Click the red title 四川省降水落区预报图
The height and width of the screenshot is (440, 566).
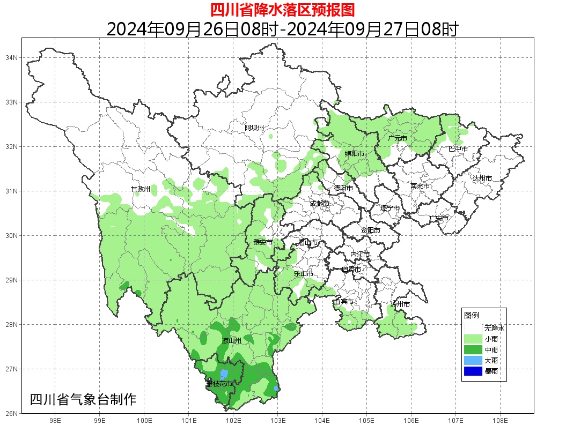click(x=282, y=9)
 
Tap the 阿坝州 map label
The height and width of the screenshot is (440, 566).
click(x=254, y=128)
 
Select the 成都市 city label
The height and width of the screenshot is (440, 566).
click(x=319, y=203)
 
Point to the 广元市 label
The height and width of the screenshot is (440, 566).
click(x=398, y=138)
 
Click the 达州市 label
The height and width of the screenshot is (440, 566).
click(x=482, y=178)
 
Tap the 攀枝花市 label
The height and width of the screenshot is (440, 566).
click(x=219, y=384)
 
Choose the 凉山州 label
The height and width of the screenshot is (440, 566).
click(x=232, y=341)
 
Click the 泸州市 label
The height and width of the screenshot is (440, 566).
click(x=400, y=304)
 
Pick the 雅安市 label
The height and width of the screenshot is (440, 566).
click(x=263, y=242)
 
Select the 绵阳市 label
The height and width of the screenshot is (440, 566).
click(x=355, y=154)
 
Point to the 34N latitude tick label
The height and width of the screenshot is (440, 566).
click(x=12, y=57)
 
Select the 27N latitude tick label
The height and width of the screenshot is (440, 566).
click(x=12, y=369)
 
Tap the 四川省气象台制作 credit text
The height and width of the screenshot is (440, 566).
click(x=83, y=399)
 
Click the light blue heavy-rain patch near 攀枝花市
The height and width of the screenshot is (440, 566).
click(x=224, y=374)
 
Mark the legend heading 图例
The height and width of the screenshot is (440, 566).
click(x=471, y=315)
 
